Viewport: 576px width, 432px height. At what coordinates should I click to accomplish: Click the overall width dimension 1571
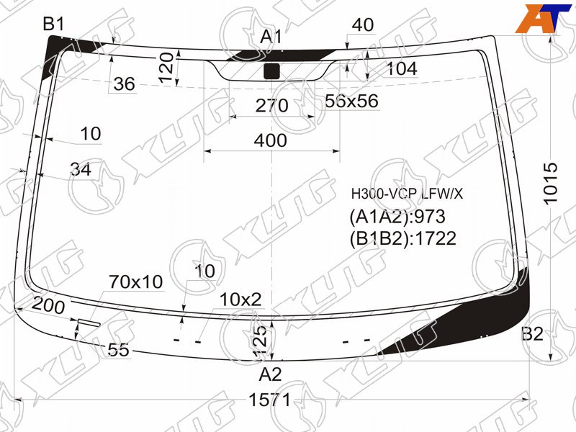point(269,400)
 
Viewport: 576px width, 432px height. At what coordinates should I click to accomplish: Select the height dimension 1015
point(550,184)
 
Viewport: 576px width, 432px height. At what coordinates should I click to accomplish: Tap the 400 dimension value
point(271,140)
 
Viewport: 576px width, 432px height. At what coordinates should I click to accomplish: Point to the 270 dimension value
point(272,105)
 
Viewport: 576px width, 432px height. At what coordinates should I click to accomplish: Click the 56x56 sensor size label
point(351,101)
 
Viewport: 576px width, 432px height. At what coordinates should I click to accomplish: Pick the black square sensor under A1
point(272,71)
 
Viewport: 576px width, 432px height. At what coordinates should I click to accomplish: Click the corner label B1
point(53,24)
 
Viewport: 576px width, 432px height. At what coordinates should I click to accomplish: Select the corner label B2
point(532,334)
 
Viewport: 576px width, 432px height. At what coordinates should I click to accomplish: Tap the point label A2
point(270,374)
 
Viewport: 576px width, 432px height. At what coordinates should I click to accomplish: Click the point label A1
point(271,37)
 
